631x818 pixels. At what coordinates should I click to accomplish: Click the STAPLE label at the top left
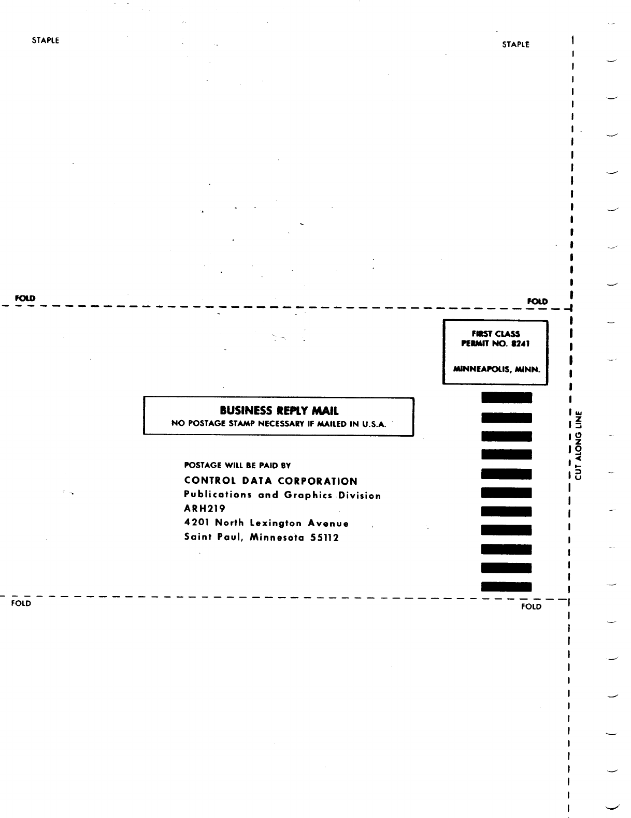coord(46,40)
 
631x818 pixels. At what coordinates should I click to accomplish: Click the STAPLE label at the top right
coord(515,44)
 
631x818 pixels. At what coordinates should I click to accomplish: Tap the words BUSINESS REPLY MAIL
coord(279,411)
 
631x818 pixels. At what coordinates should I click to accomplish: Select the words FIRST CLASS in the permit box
coord(496,334)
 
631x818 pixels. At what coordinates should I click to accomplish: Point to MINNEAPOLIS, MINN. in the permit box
coord(496,369)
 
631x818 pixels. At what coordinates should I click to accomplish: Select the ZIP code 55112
coord(324,538)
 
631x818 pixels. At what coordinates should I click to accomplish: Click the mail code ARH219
coord(205,509)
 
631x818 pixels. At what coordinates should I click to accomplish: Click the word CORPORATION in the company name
coord(318,481)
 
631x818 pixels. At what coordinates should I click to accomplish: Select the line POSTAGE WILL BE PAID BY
coord(237,465)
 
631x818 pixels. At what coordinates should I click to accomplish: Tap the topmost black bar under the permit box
coord(507,397)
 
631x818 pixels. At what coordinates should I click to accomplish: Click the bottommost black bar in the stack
coord(507,587)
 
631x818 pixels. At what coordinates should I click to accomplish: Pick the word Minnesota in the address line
coord(277,538)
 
